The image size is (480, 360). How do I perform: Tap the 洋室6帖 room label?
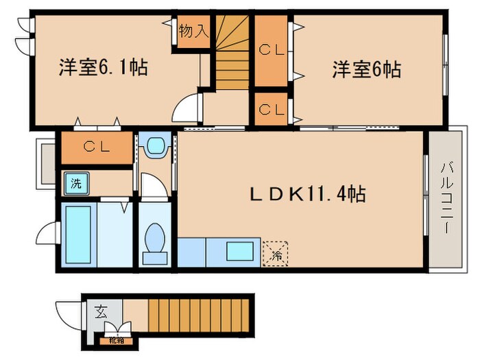(x=367, y=69)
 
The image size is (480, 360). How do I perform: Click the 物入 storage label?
(x=193, y=31)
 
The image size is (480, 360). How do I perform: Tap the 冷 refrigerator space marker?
(x=276, y=252)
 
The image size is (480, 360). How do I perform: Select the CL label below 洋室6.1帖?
(x=95, y=146)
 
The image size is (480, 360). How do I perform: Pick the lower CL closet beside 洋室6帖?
(x=272, y=109)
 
